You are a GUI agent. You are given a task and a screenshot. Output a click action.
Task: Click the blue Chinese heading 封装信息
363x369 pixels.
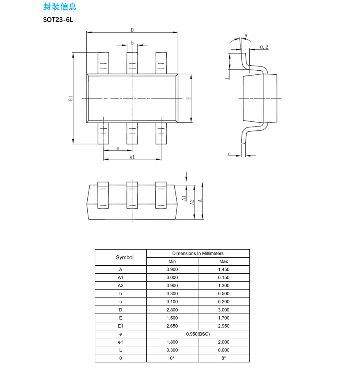[x=60, y=7]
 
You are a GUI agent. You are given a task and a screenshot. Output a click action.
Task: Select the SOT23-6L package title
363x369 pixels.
[x=58, y=20]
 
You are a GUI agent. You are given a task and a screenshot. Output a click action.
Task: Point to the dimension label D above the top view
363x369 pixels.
[x=132, y=30]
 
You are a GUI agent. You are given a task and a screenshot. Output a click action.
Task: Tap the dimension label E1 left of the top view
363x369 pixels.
[x=71, y=98]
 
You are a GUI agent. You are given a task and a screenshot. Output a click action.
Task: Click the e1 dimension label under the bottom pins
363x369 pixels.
[x=132, y=157]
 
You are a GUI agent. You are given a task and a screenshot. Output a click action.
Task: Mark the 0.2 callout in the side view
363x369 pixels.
[x=264, y=47]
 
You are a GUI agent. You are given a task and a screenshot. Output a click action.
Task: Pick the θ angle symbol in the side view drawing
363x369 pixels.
[x=246, y=36]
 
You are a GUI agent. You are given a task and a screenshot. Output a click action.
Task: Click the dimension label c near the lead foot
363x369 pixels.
[x=229, y=154]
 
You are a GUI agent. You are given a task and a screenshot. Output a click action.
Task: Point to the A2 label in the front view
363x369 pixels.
[x=192, y=202]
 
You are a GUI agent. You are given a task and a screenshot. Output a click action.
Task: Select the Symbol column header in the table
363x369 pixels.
[x=125, y=258]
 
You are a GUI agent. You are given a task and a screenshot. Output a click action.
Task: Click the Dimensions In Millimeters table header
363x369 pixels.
[x=198, y=254]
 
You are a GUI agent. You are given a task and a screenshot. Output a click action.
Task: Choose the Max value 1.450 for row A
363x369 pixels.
[x=224, y=269]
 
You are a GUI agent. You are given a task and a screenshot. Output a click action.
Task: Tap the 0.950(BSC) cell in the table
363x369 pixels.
[x=198, y=334]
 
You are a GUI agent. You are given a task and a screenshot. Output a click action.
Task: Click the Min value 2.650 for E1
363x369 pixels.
[x=172, y=326]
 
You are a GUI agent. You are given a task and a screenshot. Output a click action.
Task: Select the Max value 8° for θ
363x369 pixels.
[x=224, y=358]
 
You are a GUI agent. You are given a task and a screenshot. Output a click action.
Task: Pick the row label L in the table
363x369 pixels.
[x=121, y=350]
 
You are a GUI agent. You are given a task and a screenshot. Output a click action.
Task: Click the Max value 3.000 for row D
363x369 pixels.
[x=224, y=310]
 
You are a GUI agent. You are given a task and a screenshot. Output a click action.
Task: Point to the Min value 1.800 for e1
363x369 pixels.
[x=172, y=342]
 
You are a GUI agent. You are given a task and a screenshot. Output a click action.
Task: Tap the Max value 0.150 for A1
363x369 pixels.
[x=224, y=277]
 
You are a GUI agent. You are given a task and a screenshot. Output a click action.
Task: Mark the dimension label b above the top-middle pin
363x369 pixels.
[x=132, y=43]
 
